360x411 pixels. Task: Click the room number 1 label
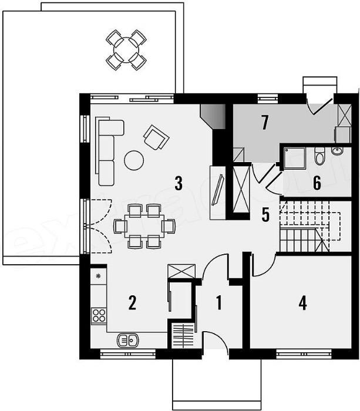coord(219,303)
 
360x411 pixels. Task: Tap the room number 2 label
coord(132,303)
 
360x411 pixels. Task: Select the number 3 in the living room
coord(179,183)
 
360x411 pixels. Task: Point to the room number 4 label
coord(302,303)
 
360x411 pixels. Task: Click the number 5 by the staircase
coord(265,215)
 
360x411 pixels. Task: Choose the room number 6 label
coord(317,183)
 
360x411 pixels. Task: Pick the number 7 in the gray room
coord(264,123)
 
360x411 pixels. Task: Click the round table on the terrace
coord(126,49)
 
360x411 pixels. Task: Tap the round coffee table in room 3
coord(134,159)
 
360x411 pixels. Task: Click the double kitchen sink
coord(127,339)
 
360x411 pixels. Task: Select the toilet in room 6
coord(319,156)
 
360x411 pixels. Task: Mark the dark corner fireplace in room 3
coord(211,115)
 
